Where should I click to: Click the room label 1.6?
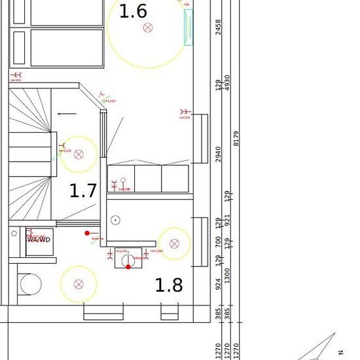point(133,11)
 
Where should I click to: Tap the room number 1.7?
point(83,191)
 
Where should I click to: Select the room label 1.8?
point(168,285)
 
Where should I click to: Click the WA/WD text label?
point(38,240)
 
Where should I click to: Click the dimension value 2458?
point(219,27)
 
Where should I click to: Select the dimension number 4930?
point(228,84)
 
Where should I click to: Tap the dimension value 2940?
point(219,154)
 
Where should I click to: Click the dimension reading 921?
point(228,221)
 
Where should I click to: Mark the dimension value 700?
point(219,243)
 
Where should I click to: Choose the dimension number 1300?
point(228,276)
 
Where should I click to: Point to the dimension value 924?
point(219,285)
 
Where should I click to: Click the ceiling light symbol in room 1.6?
point(147,27)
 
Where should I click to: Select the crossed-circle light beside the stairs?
point(79,154)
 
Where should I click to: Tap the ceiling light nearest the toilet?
point(79,284)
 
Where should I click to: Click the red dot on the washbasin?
point(128,266)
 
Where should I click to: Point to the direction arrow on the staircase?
point(66,114)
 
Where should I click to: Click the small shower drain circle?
point(115,220)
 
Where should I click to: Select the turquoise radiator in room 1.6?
point(189,27)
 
